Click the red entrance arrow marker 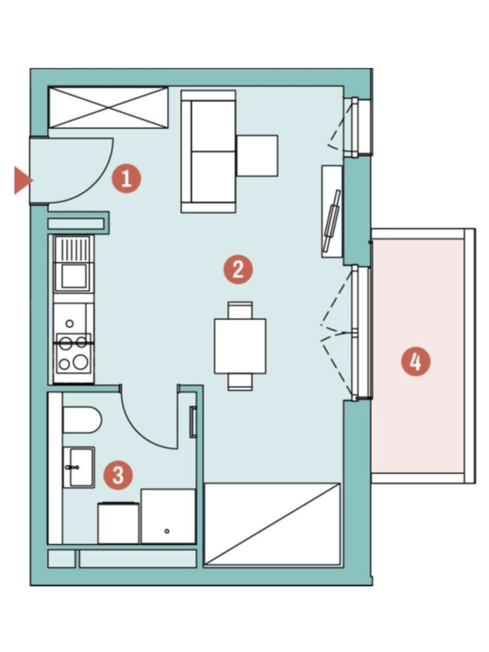23,180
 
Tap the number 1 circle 126,179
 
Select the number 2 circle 238,270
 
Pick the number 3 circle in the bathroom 119,475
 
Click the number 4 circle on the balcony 415,361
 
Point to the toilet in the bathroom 82,420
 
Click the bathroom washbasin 78,467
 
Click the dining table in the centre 240,346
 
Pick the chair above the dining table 240,310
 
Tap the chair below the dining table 240,382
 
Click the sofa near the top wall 209,152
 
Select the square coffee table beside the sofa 257,156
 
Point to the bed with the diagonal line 272,524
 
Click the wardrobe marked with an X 109,107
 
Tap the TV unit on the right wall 332,212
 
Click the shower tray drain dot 167,532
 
